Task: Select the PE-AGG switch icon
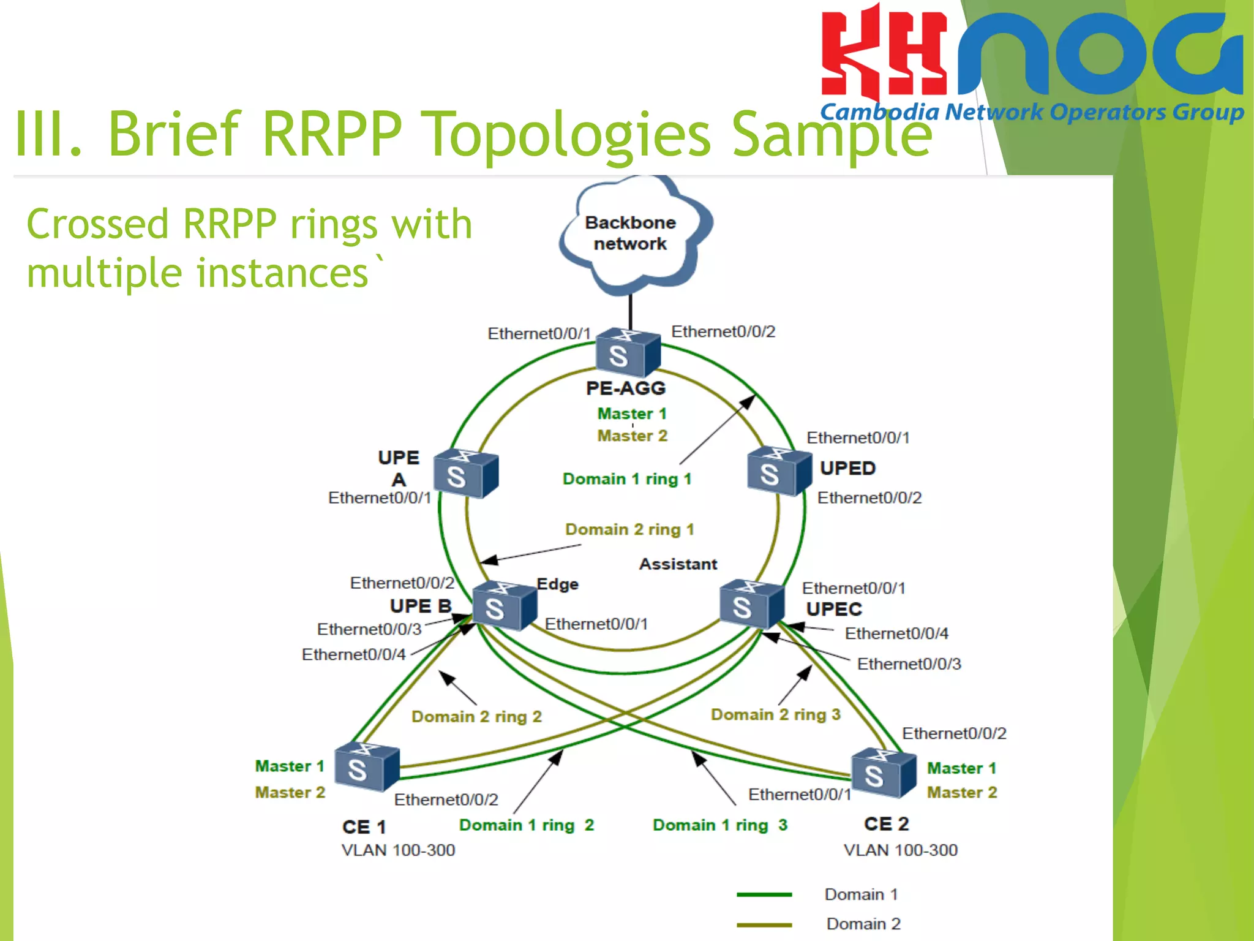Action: pos(628,353)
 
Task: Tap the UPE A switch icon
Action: pos(465,474)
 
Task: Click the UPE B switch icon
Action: pos(504,606)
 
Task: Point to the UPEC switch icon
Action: pos(751,604)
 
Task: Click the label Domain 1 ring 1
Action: pos(626,479)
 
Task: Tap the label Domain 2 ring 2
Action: pos(476,717)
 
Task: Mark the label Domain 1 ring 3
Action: pos(719,825)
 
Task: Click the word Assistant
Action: pos(678,564)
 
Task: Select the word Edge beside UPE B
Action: pos(557,584)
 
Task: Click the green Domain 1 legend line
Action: pos(764,895)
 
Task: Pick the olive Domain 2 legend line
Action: pos(764,924)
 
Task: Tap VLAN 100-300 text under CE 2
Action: pos(900,850)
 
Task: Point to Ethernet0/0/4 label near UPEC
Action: pos(896,633)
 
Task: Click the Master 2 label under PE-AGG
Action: pos(632,436)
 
